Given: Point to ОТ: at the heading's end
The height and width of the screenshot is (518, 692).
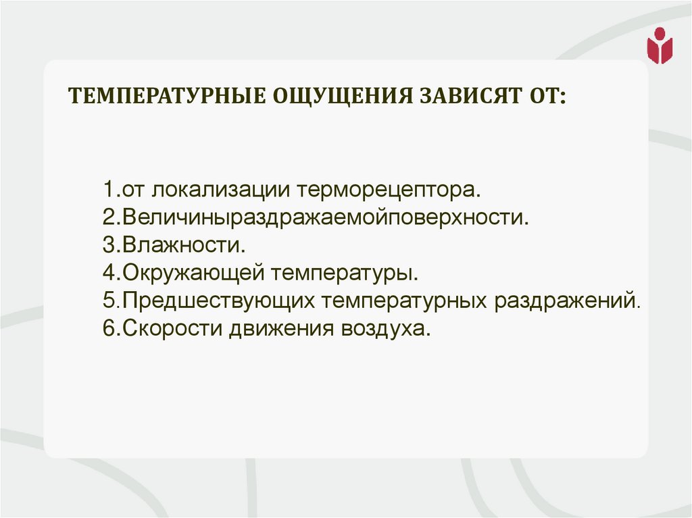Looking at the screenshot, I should (x=544, y=96).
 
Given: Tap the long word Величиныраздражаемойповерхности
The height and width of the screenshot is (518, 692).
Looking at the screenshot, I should (x=323, y=218).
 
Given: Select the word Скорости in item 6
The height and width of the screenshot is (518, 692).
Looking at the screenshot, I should (x=170, y=330).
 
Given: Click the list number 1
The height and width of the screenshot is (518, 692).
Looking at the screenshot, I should (x=108, y=190).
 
